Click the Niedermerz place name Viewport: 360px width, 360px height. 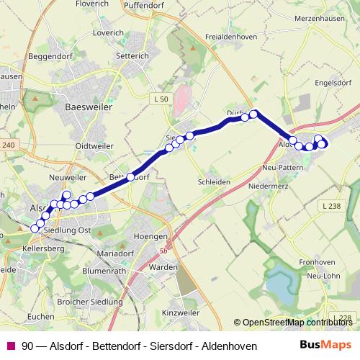coord(269,186)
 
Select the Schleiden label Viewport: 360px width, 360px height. coord(214,182)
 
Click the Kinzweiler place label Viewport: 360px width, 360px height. coord(181,314)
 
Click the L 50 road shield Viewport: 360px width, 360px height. coord(161,98)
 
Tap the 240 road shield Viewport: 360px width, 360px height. coord(8,145)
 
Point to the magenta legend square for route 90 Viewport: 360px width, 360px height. coord(11,346)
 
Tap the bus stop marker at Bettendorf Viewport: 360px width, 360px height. coord(130,177)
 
